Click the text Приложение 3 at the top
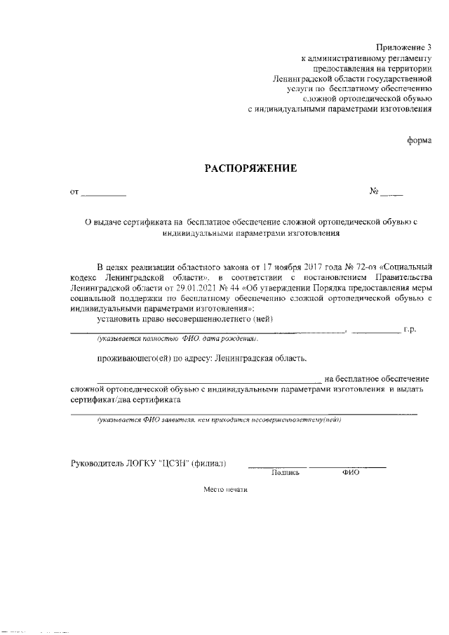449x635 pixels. click(406, 46)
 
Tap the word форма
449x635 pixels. click(420, 140)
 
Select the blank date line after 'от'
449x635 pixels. click(104, 192)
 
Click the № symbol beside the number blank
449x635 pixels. click(375, 192)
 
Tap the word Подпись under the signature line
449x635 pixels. click(285, 473)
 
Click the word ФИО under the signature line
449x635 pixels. click(350, 473)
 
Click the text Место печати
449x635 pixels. click(226, 490)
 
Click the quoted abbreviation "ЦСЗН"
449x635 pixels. click(173, 463)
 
